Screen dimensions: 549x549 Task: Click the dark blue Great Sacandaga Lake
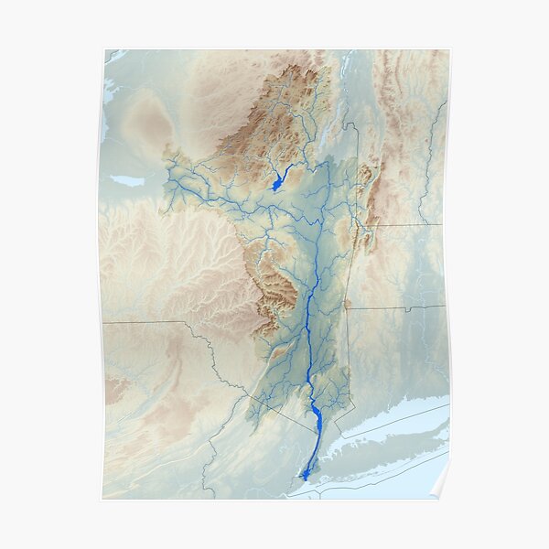pos(278,183)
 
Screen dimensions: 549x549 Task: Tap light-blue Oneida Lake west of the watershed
pos(129,181)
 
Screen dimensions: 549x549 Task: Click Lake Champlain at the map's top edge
pos(346,69)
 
